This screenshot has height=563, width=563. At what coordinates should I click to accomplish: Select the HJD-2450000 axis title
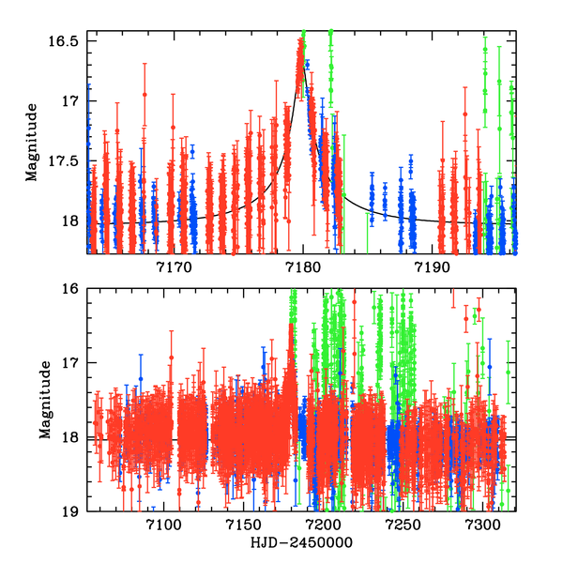pos(300,543)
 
